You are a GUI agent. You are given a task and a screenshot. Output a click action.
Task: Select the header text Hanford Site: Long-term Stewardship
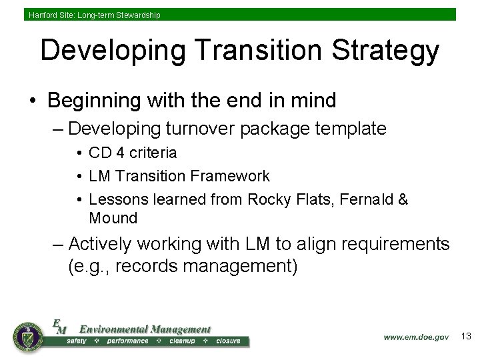pos(94,15)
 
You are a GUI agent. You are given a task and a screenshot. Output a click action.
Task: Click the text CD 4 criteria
pos(133,153)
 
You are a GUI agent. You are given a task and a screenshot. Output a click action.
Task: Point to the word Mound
pos(113,218)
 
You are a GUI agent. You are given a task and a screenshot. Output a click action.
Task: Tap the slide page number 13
pos(466,337)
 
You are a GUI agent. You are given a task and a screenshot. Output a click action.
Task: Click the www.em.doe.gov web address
pos(416,337)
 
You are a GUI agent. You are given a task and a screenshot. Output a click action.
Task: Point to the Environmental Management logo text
pos(145,329)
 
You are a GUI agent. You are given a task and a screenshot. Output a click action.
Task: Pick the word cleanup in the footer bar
pos(182,341)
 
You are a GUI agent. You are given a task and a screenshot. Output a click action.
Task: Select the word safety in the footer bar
pos(76,341)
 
